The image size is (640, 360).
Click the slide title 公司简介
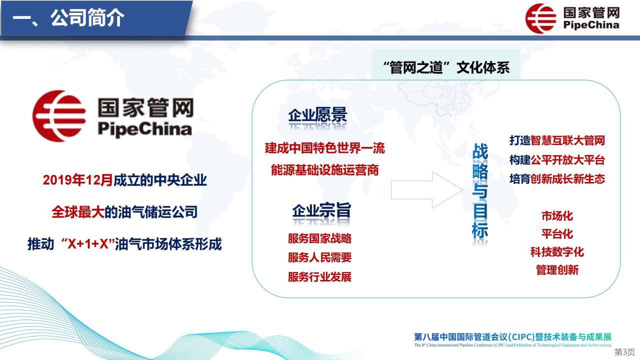pos(87,17)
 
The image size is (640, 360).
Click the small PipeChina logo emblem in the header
pos(541,18)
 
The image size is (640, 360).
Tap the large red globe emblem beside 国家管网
pos(59,116)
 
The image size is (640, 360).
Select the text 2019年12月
pos(77,180)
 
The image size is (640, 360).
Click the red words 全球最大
pos(78,212)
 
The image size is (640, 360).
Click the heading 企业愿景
pos(317,115)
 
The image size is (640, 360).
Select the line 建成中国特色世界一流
pos(325,148)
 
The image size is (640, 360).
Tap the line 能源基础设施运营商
pos(325,169)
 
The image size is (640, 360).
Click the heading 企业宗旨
pos(321,210)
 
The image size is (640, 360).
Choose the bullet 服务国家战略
pos(319,238)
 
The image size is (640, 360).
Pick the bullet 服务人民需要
pos(319,257)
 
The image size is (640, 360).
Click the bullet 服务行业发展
pos(319,276)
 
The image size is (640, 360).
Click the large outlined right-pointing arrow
pos(427,190)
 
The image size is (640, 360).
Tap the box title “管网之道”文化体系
pos(446,67)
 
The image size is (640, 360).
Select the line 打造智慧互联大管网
pos(557,140)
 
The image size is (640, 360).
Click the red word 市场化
pos(557,215)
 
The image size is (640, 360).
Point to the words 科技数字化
pos(557,251)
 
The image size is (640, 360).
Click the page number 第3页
pos(624,351)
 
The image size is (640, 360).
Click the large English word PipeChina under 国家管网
pos(144,129)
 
